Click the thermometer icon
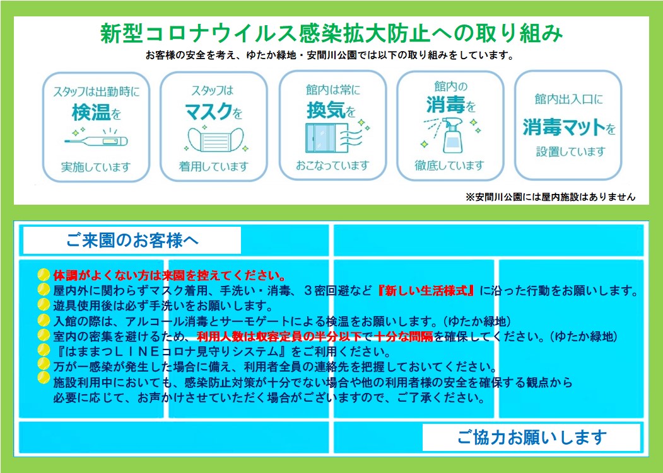[x=96, y=141]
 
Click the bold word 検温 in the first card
[x=91, y=112]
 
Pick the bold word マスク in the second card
[x=208, y=111]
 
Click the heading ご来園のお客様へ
[x=132, y=241]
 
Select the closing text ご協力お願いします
[x=532, y=438]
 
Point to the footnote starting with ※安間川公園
[x=550, y=197]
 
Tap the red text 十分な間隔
[x=404, y=336]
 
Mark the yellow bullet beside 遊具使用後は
[x=44, y=304]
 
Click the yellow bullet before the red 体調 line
[x=44, y=275]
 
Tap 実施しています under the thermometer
[x=96, y=168]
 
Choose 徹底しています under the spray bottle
[x=449, y=166]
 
